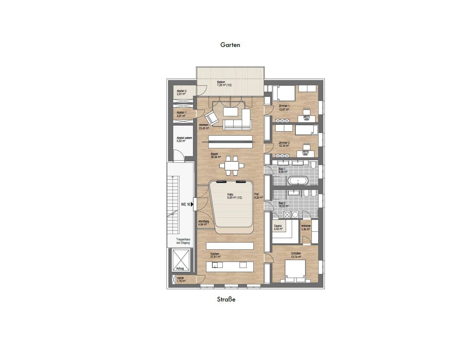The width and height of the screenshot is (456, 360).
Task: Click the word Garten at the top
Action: click(230, 45)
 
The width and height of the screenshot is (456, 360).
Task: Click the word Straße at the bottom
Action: click(226, 299)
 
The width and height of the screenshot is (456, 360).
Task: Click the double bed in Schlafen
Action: click(295, 269)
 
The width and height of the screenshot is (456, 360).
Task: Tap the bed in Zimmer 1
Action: click(284, 93)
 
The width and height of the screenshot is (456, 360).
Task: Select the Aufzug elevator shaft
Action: click(181, 259)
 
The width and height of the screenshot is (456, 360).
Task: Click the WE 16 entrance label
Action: click(186, 204)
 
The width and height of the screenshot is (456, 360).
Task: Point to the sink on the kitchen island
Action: click(215, 265)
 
